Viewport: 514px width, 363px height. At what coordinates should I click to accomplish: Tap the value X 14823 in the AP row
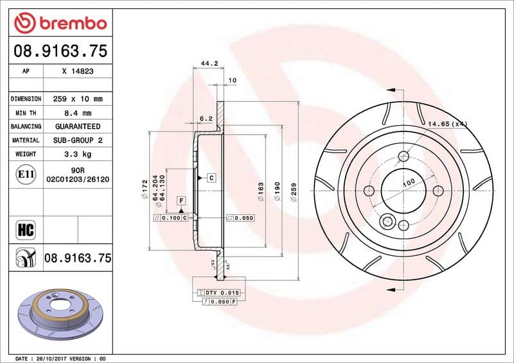[78, 72]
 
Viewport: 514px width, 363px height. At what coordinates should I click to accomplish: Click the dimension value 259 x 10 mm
[78, 99]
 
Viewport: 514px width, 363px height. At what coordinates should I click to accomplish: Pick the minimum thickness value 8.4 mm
[78, 113]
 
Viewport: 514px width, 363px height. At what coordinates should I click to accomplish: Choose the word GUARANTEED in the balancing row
[78, 126]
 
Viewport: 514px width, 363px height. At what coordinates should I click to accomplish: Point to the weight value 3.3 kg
[78, 154]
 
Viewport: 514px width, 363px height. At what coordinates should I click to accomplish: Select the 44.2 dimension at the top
[208, 63]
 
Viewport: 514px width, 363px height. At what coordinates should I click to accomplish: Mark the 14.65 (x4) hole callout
[447, 123]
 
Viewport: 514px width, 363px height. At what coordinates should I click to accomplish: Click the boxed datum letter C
[210, 176]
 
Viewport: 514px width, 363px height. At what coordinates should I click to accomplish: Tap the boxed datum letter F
[182, 201]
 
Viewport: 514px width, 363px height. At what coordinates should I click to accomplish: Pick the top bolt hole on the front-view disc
[403, 156]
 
